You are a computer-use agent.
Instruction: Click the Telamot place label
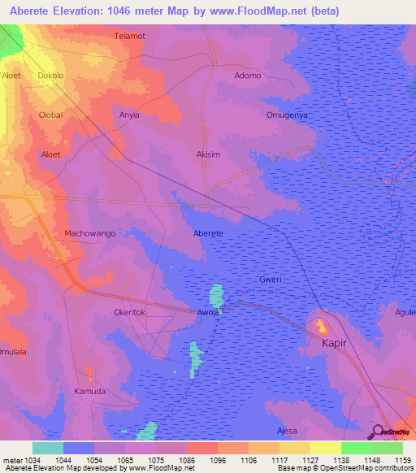(130, 37)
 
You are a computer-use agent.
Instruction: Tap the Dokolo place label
(51, 76)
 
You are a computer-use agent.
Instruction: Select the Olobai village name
(50, 115)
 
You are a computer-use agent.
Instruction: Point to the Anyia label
(130, 115)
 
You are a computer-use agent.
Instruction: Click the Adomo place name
(248, 76)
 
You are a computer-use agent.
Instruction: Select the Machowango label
(89, 233)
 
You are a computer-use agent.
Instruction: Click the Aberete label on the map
(208, 233)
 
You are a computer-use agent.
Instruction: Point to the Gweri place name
(270, 279)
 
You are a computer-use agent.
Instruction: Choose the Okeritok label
(129, 311)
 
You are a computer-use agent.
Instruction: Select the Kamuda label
(90, 391)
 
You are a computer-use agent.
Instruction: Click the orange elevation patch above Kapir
(321, 327)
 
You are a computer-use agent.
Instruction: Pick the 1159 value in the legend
(392, 460)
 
